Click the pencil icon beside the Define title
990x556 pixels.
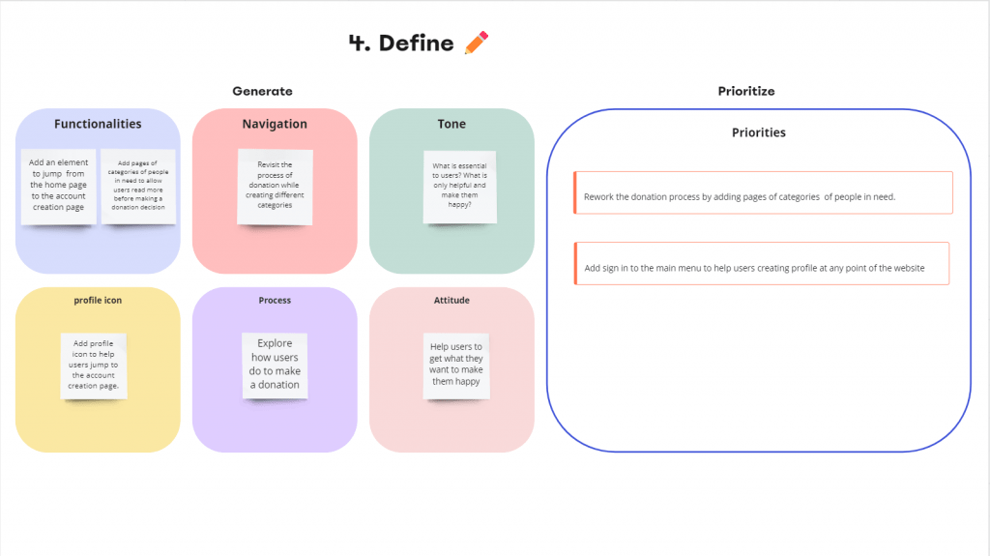tap(477, 43)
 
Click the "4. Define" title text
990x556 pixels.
tap(401, 43)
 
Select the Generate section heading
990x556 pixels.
tap(262, 91)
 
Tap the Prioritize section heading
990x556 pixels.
tap(745, 91)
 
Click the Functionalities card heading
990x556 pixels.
tap(98, 124)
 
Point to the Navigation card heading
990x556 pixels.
tap(275, 124)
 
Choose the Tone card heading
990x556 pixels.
tap(451, 124)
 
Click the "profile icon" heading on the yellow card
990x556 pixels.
tap(98, 300)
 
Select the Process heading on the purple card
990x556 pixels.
tap(275, 300)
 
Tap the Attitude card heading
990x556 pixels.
tap(451, 300)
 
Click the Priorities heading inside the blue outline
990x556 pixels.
tap(758, 132)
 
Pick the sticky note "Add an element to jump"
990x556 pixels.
tap(59, 187)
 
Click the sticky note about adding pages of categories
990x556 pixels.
tap(138, 187)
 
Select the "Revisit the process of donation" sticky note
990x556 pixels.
tap(275, 187)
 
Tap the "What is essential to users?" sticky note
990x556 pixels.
tap(459, 187)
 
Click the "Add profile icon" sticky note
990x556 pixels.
tap(94, 366)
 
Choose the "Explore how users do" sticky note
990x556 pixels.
tap(275, 366)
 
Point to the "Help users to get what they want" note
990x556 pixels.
tap(456, 366)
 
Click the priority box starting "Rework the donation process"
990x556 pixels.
tap(763, 192)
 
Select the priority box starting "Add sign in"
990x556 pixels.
tap(762, 263)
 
